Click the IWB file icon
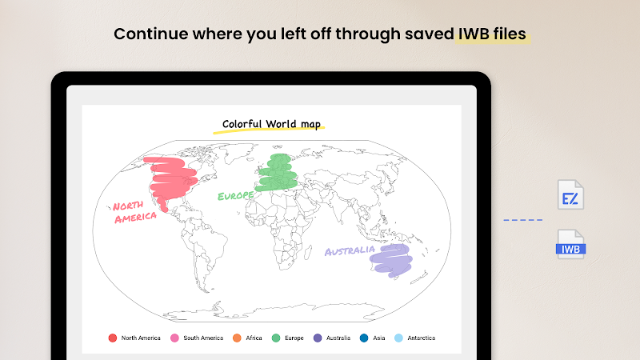point(570,244)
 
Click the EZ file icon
point(570,194)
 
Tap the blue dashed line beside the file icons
point(523,220)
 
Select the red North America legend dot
point(113,338)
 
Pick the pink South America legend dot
point(174,338)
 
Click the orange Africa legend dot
point(237,338)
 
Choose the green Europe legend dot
point(276,338)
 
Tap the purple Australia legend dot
point(318,338)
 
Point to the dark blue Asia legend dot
point(364,338)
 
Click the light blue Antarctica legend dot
point(398,338)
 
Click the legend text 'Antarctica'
point(422,338)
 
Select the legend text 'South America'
point(203,338)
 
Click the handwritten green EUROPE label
point(235,196)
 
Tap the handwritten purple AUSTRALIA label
point(350,250)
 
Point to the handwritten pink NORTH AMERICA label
point(134,212)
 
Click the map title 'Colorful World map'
point(271,124)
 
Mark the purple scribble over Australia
point(391,261)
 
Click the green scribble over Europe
point(277,173)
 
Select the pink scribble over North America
point(171,179)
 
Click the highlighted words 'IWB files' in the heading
point(492,34)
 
